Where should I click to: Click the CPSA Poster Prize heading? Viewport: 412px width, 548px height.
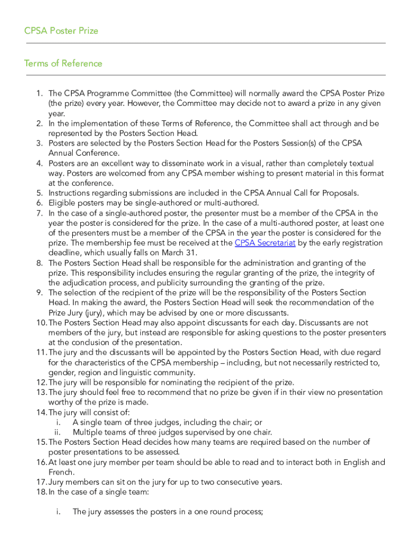tap(61, 31)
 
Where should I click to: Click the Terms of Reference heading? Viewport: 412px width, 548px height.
tap(63, 63)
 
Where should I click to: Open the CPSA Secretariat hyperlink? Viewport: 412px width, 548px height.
tap(265, 243)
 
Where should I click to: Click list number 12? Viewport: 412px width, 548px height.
tap(41, 382)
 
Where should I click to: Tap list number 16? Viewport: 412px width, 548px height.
tap(41, 462)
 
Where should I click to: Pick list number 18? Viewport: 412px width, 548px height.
tap(41, 492)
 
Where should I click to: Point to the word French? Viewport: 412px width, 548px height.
tap(61, 472)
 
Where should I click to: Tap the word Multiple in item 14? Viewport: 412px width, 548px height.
tap(88, 432)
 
